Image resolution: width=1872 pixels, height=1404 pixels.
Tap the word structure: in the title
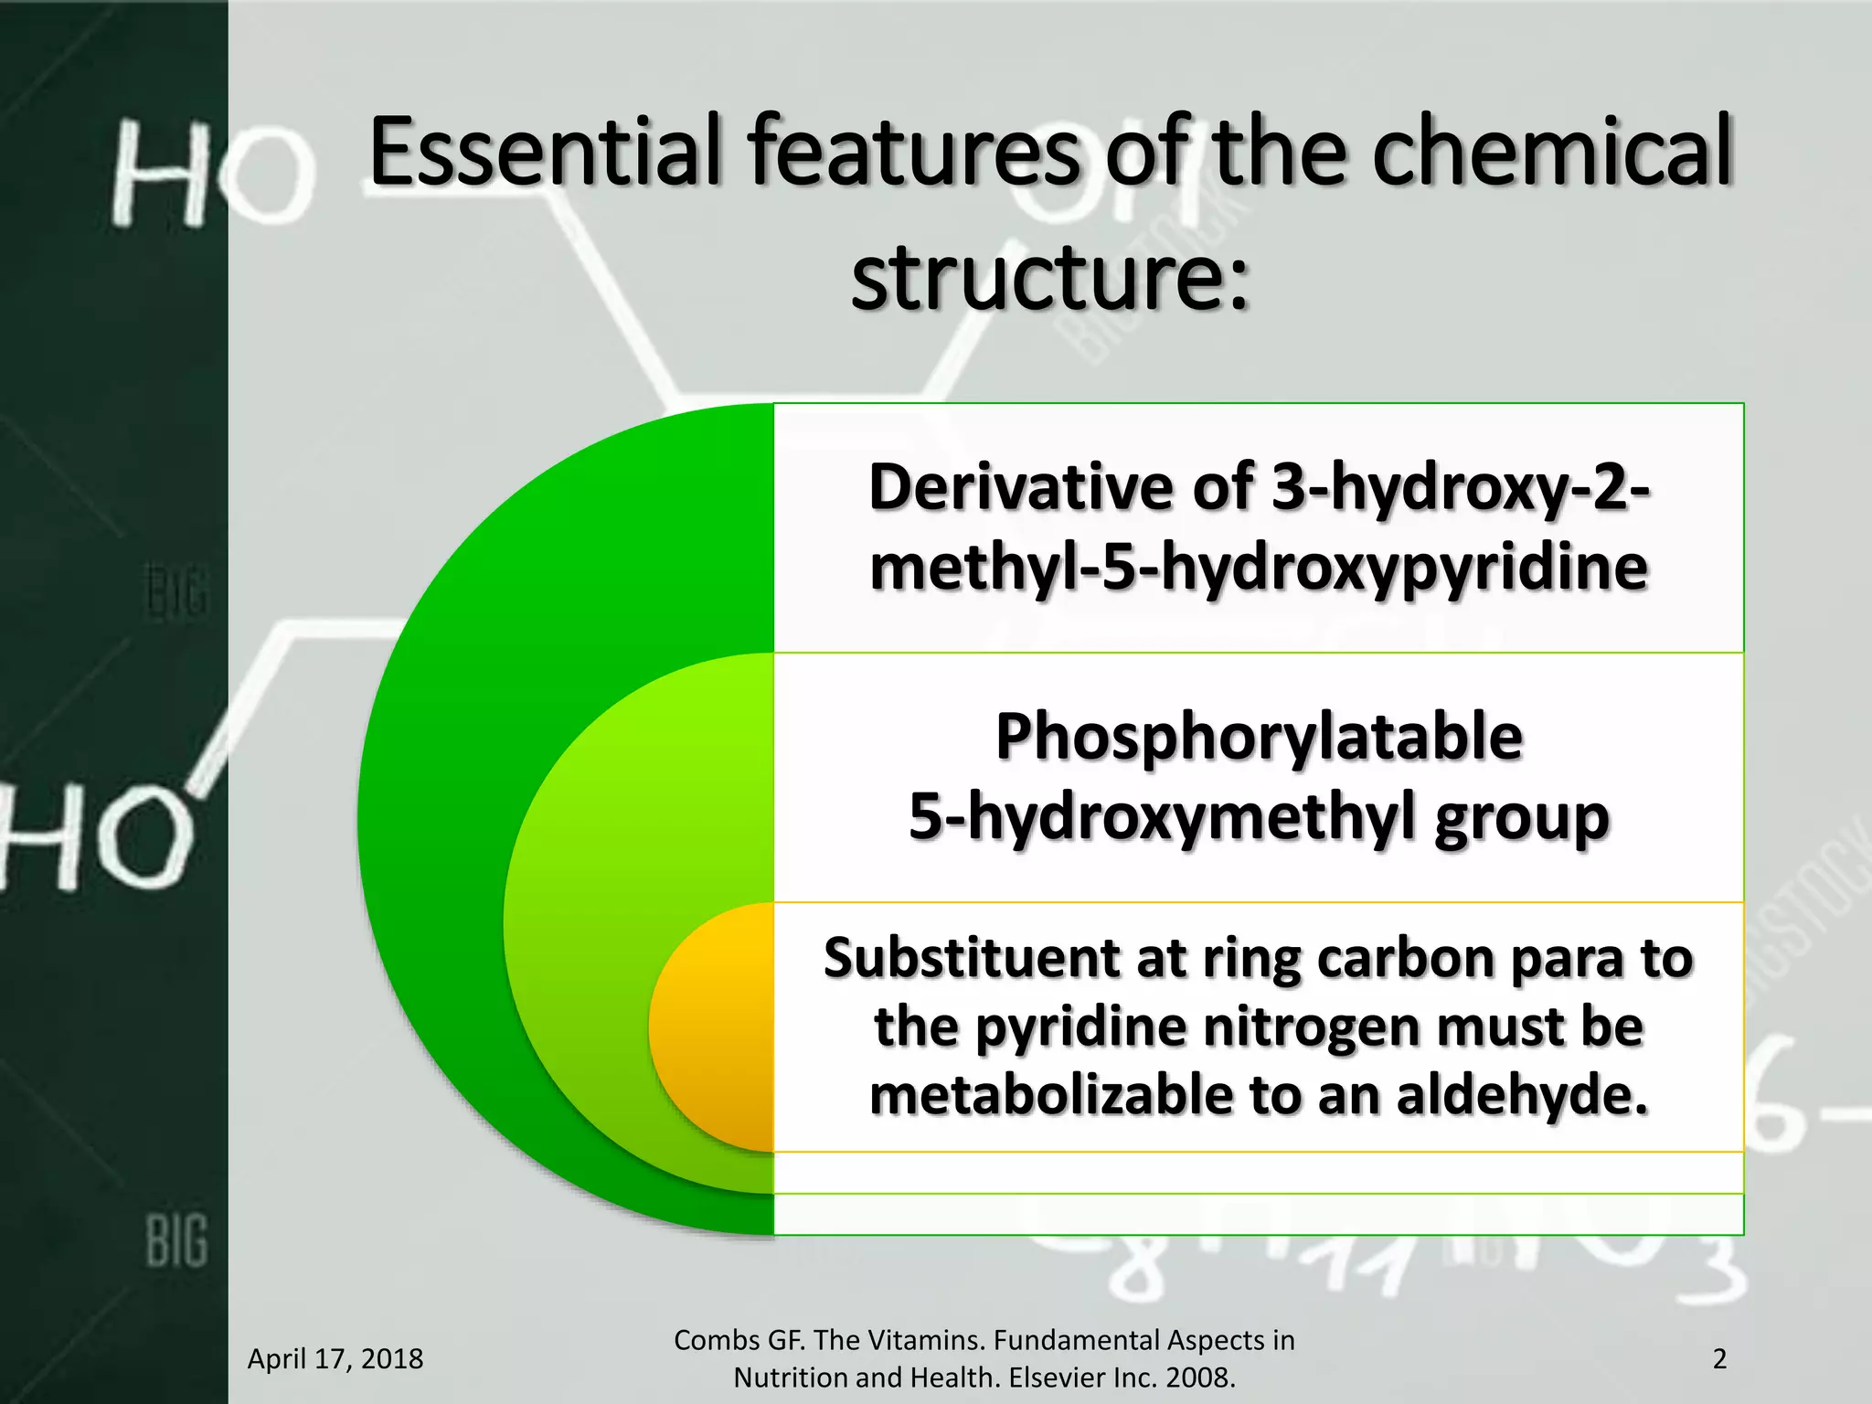pyautogui.click(x=1049, y=274)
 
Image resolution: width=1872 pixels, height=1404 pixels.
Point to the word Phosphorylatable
pyautogui.click(x=1259, y=737)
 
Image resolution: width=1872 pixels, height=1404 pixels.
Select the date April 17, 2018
pyautogui.click(x=335, y=1359)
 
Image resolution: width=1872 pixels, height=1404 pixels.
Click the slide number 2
pyautogui.click(x=1719, y=1359)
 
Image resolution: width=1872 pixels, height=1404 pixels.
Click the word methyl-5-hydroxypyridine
pyautogui.click(x=1259, y=568)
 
